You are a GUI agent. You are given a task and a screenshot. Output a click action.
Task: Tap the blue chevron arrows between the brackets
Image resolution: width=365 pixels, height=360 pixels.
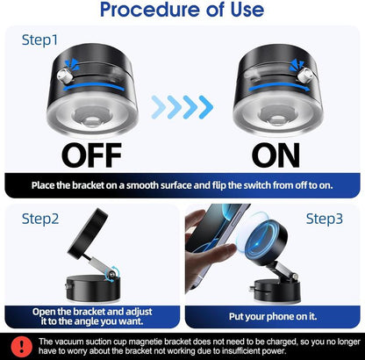tap(182, 106)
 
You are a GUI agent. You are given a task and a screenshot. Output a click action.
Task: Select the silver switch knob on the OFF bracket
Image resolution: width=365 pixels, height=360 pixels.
tap(60, 78)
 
